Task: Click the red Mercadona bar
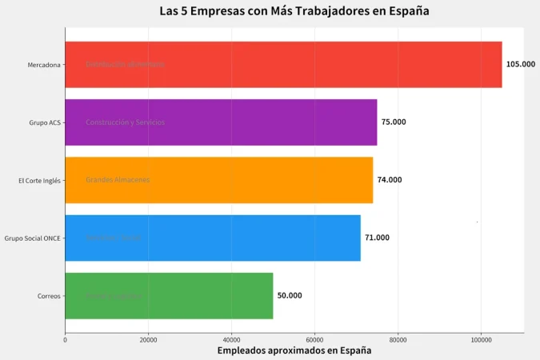coord(283,64)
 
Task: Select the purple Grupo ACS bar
coord(221,122)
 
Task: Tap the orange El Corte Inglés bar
coord(218,180)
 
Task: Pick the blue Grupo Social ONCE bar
coord(213,238)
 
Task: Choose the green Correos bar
coord(169,295)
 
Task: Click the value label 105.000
coord(520,64)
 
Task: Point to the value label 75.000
coord(394,122)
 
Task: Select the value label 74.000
coord(390,180)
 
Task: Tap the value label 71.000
coord(377,238)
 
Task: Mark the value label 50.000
coord(290,295)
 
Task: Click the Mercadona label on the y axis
coord(43,65)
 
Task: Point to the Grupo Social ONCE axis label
coord(32,238)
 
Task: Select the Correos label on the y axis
coord(48,296)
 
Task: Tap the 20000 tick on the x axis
coord(148,340)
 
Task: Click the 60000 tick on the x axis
coord(314,340)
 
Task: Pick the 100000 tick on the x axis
coord(481,340)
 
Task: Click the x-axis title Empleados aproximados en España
coord(294,350)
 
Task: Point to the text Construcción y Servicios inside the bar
coord(125,122)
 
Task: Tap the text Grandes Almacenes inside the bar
coord(118,180)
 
